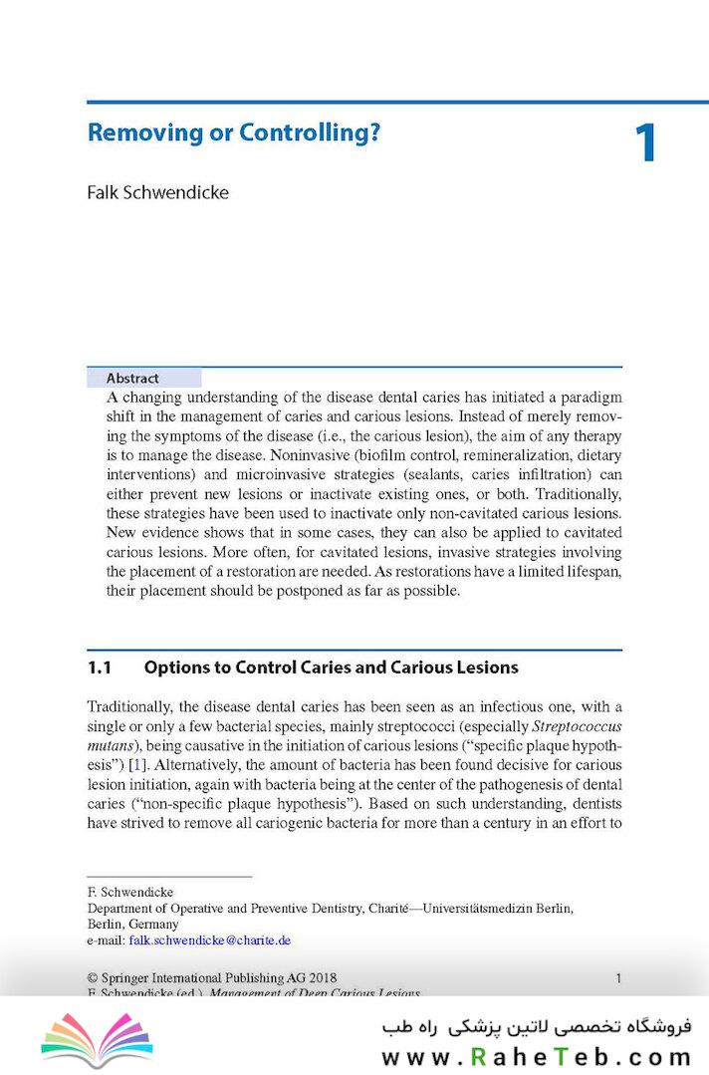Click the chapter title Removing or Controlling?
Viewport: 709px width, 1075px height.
[234, 134]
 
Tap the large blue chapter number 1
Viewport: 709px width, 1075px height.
[645, 143]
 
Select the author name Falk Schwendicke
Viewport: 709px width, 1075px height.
[157, 192]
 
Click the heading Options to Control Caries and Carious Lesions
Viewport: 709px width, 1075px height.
[331, 668]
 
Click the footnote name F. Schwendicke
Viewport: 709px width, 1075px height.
[130, 892]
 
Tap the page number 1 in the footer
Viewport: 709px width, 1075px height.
[618, 978]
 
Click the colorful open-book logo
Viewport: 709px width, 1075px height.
[97, 1039]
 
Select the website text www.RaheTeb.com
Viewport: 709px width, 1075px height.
[536, 1057]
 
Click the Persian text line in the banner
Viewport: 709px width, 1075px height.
[536, 1026]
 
